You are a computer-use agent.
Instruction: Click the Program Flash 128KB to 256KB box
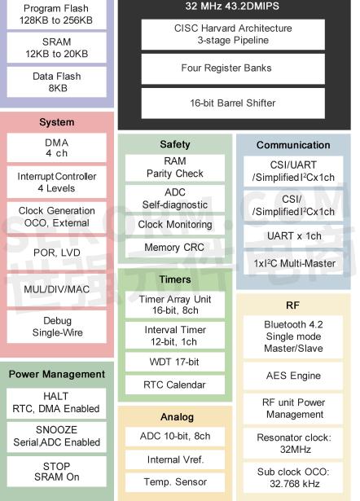pyautogui.click(x=56, y=15)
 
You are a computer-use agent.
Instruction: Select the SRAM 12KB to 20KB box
pyautogui.click(x=56, y=47)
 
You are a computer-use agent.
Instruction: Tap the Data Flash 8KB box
pyautogui.click(x=56, y=81)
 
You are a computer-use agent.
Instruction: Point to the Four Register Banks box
pyautogui.click(x=233, y=68)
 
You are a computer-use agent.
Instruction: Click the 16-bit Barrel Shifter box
pyautogui.click(x=233, y=103)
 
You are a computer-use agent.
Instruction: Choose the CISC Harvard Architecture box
pyautogui.click(x=233, y=34)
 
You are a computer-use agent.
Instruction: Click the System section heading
pyautogui.click(x=56, y=122)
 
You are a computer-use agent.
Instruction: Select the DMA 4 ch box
pyautogui.click(x=56, y=147)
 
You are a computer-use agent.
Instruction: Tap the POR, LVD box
pyautogui.click(x=56, y=253)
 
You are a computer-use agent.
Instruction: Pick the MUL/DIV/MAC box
pyautogui.click(x=56, y=289)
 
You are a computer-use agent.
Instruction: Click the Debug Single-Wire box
pyautogui.click(x=56, y=327)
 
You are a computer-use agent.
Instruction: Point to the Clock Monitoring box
pyautogui.click(x=175, y=225)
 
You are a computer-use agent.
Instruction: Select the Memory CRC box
pyautogui.click(x=175, y=248)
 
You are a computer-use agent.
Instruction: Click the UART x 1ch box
pyautogui.click(x=293, y=236)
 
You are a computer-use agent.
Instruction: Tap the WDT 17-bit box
pyautogui.click(x=175, y=362)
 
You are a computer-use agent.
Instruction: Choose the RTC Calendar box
pyautogui.click(x=175, y=385)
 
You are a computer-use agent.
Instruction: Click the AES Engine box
pyautogui.click(x=293, y=376)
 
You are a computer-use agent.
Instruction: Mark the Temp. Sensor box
pyautogui.click(x=175, y=482)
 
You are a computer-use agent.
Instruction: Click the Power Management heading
pyautogui.click(x=56, y=374)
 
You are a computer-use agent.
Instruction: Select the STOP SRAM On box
pyautogui.click(x=56, y=472)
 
